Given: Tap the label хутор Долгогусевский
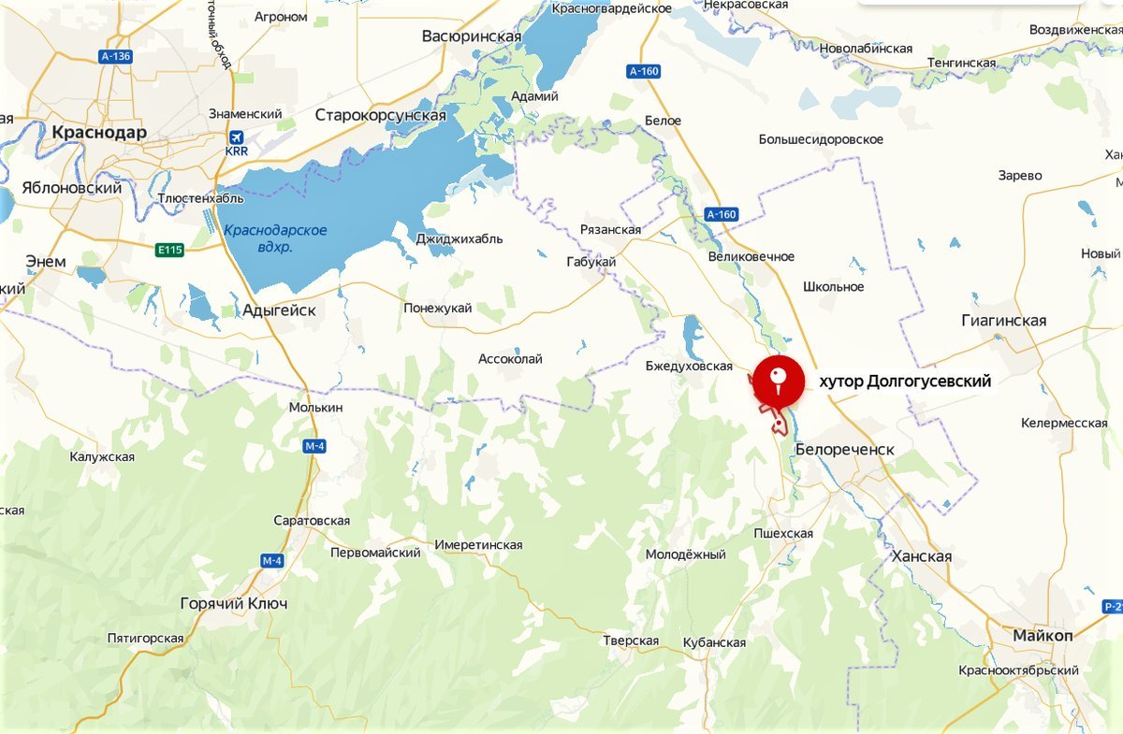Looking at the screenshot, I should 904,381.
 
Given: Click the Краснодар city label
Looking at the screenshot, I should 99,132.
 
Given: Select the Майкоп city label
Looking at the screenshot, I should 1043,636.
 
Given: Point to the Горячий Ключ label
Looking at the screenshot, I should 233,604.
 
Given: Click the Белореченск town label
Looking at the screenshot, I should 844,450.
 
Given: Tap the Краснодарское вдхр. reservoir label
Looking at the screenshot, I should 275,238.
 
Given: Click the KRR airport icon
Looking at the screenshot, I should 234,137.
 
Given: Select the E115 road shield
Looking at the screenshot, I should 170,250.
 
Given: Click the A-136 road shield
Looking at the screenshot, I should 115,57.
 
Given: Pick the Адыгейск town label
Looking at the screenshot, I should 279,310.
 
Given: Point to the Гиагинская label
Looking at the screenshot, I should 1003,321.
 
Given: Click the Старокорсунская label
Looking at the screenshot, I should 380,115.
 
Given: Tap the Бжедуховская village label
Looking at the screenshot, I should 689,366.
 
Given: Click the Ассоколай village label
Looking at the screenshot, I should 510,359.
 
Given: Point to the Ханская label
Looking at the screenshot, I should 922,556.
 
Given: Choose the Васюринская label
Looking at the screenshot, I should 472,36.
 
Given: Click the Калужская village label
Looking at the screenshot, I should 102,457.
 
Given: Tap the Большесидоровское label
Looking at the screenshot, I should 821,139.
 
